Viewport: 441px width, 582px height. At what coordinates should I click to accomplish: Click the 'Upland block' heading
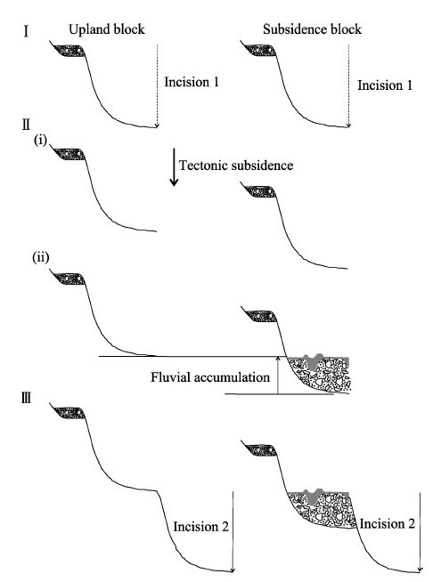pyautogui.click(x=107, y=29)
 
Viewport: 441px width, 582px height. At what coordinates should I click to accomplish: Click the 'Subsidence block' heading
pyautogui.click(x=312, y=29)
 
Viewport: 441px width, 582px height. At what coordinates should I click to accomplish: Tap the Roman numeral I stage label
pyautogui.click(x=26, y=32)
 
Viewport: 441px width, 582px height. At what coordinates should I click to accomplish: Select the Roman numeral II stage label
pyautogui.click(x=26, y=125)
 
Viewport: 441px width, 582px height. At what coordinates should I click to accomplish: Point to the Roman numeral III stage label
pyautogui.click(x=26, y=399)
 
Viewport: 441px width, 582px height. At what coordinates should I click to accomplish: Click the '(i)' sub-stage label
pyautogui.click(x=40, y=141)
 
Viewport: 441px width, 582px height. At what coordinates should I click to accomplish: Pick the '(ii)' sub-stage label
pyautogui.click(x=41, y=257)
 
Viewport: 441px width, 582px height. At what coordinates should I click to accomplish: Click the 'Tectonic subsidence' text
pyautogui.click(x=236, y=166)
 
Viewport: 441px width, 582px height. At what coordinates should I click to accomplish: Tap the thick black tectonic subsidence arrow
pyautogui.click(x=174, y=167)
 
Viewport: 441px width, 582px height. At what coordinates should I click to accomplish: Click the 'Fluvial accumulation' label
pyautogui.click(x=210, y=377)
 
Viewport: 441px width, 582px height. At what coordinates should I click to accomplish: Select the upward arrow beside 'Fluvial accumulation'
pyautogui.click(x=277, y=375)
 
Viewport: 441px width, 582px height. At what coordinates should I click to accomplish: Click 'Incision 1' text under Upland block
pyautogui.click(x=192, y=82)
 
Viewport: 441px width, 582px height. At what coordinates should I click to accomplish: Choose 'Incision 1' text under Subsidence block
pyautogui.click(x=385, y=85)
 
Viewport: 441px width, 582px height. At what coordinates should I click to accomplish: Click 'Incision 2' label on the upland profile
pyautogui.click(x=201, y=527)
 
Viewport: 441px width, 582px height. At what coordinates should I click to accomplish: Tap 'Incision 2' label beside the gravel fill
pyautogui.click(x=388, y=524)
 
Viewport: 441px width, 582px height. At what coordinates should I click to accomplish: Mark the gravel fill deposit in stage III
pyautogui.click(x=323, y=511)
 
